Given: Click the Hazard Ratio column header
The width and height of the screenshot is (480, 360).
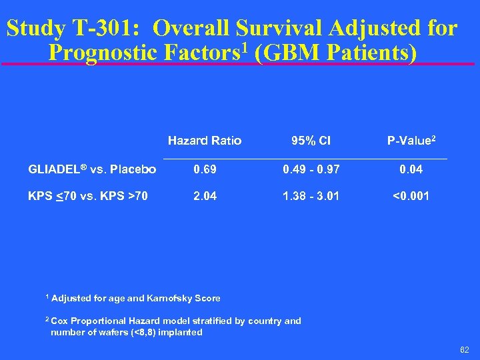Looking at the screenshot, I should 205,141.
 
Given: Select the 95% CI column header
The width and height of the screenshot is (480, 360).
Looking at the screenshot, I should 311,141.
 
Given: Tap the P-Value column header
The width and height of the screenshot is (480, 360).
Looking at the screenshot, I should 411,141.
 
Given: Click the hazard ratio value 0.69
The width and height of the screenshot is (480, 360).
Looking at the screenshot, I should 205,170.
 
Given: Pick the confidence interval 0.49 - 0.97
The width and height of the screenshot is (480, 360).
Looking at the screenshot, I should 311,170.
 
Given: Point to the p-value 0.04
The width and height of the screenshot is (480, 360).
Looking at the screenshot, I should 411,170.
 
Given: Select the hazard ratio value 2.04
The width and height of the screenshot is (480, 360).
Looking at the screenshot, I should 205,197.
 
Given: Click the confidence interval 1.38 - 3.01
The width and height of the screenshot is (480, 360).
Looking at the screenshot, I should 311,197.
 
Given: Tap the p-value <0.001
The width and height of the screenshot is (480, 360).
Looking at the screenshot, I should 411,197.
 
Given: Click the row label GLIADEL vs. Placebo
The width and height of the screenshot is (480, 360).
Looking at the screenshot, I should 92,170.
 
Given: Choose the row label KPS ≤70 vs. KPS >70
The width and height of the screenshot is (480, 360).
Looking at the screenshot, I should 88,197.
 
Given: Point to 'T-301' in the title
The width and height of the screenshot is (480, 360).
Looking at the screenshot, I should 108,29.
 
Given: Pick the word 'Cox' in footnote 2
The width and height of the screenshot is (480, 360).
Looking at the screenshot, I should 59,321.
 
